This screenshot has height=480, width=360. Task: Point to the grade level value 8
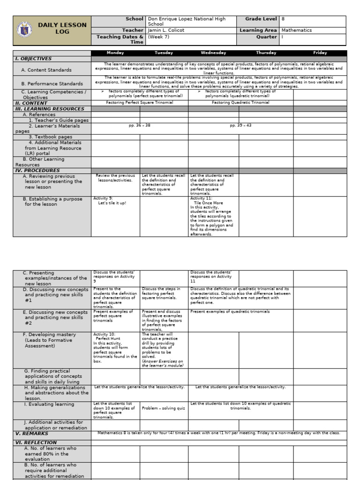(x=283, y=19)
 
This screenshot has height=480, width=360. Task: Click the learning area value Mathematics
(x=296, y=30)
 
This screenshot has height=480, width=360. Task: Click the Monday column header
(x=115, y=53)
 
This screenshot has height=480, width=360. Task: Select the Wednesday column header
(x=213, y=53)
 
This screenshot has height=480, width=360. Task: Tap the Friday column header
(x=320, y=53)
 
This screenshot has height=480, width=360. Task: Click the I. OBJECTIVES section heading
(x=33, y=59)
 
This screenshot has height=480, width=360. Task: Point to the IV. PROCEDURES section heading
(x=37, y=171)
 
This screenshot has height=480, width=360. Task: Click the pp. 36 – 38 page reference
(x=139, y=126)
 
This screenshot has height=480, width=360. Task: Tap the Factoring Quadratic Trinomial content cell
(x=240, y=103)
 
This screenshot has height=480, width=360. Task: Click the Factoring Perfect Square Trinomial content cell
(x=139, y=103)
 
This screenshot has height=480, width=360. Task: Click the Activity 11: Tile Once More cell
(x=212, y=216)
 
